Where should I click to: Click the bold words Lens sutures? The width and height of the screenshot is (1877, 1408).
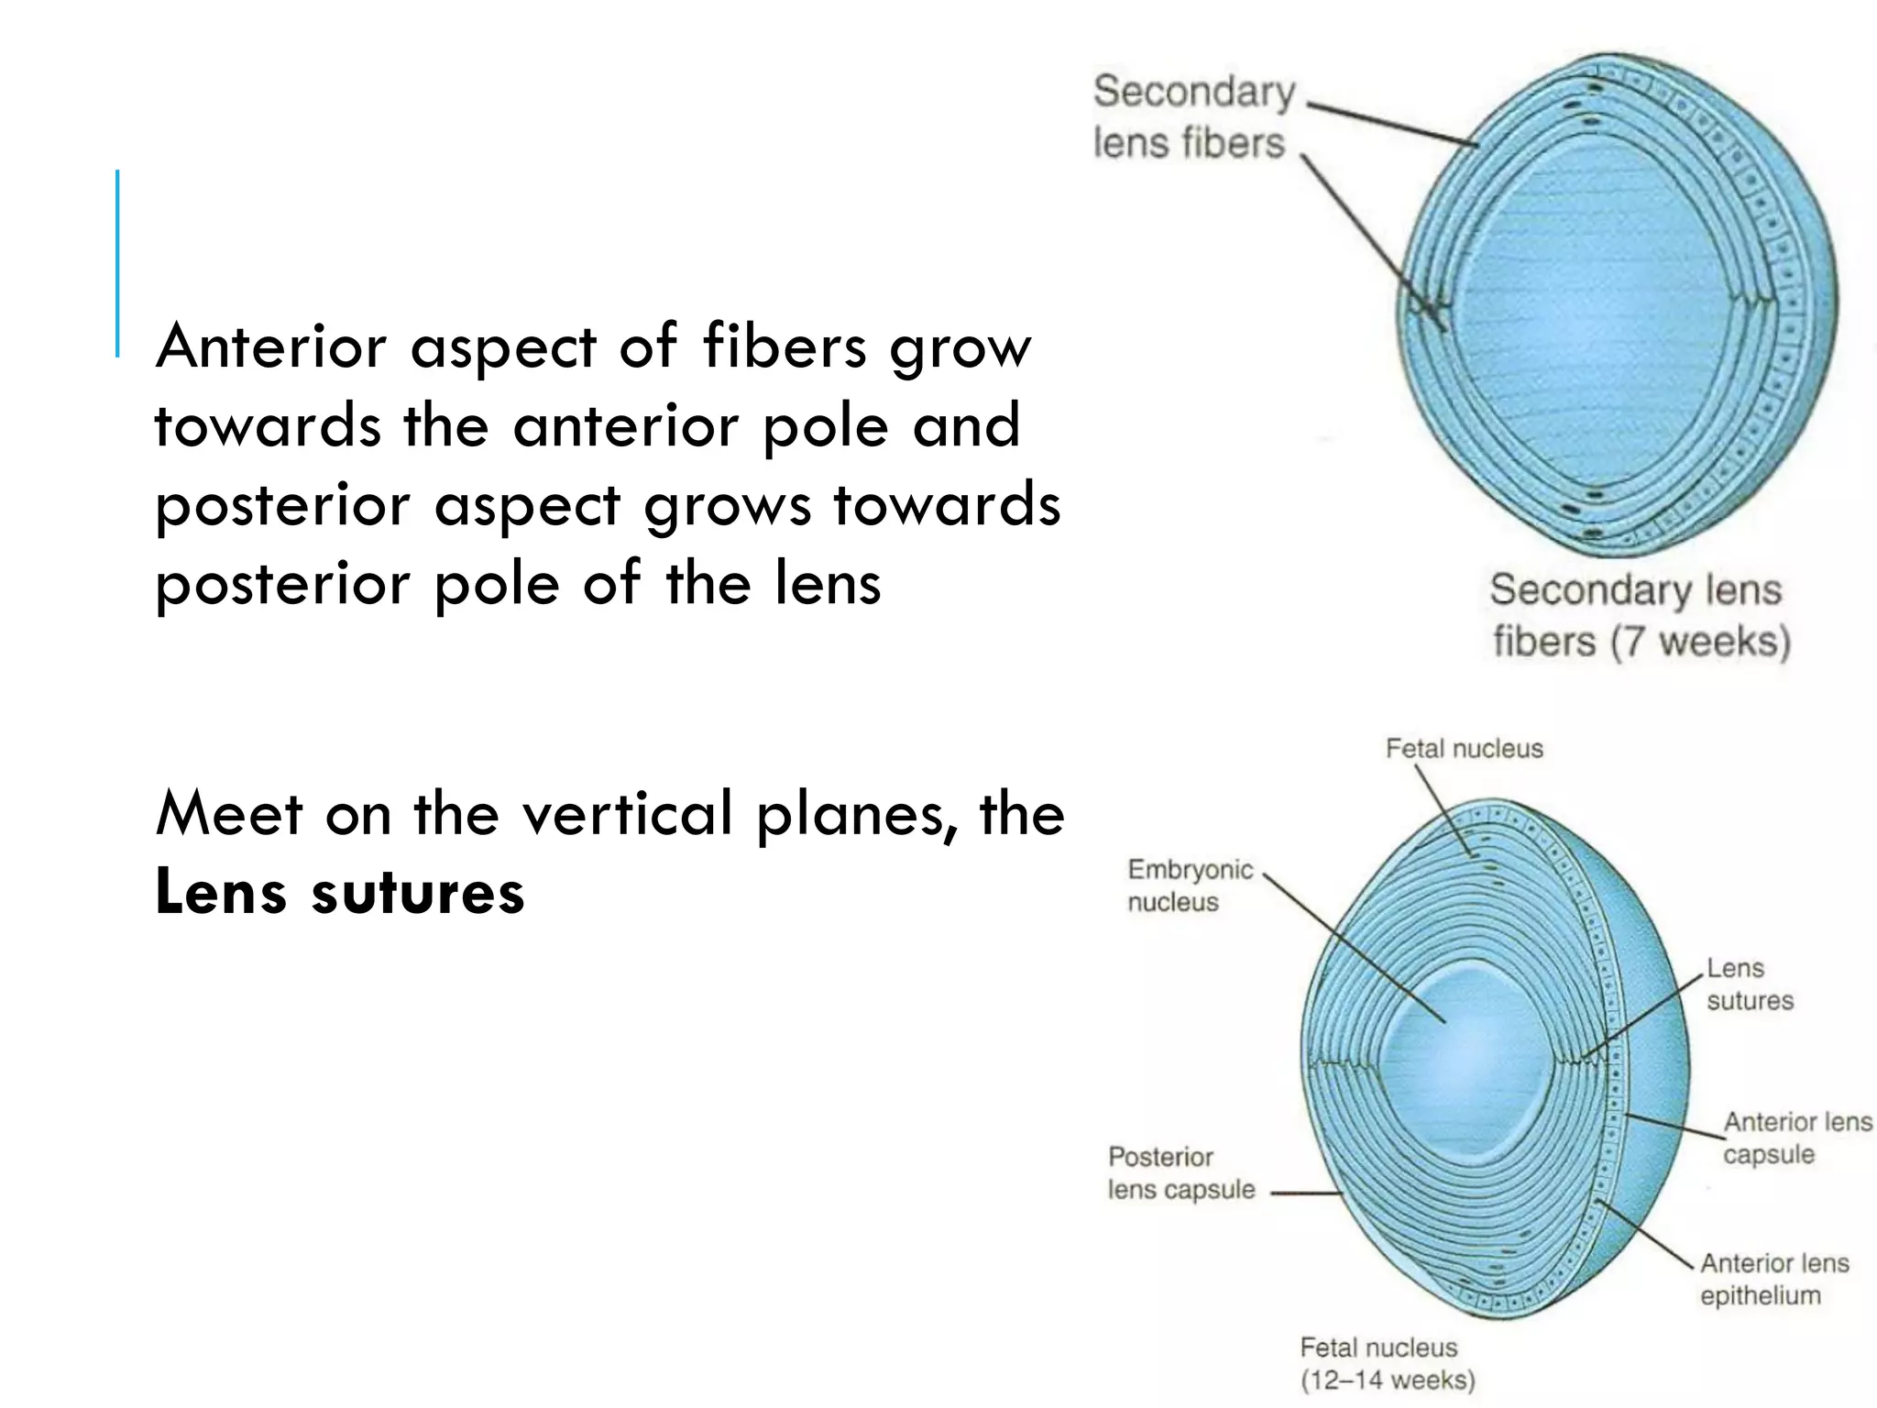click(x=339, y=892)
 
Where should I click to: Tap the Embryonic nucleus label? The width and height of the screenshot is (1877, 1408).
click(x=1189, y=885)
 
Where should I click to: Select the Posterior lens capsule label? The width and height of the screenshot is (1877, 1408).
click(x=1180, y=1173)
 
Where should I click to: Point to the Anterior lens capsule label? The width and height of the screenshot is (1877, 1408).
click(x=1796, y=1138)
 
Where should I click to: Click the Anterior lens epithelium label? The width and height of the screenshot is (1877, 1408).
click(x=1773, y=1279)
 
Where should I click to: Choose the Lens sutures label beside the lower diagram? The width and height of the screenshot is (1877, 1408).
click(x=1749, y=984)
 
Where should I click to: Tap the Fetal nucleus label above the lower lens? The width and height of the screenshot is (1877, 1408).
click(x=1464, y=749)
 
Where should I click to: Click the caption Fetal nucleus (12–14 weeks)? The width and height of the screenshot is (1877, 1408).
click(x=1387, y=1363)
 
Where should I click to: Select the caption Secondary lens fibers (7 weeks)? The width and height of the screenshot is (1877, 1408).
click(x=1639, y=615)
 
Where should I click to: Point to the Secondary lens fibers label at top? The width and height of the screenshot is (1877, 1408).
click(x=1192, y=117)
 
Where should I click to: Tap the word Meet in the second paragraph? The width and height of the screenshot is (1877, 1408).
click(x=228, y=813)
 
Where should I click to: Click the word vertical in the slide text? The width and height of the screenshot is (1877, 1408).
click(x=628, y=813)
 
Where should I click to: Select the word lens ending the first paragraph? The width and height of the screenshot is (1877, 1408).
click(x=827, y=583)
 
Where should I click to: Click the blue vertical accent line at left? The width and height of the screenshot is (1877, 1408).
click(x=117, y=262)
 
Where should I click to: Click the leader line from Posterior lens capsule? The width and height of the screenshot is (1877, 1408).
click(x=1306, y=1193)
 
